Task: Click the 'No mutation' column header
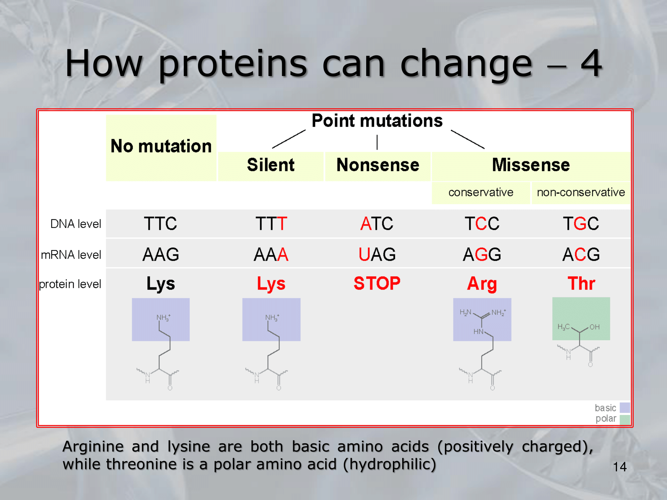161,146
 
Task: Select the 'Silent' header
271,165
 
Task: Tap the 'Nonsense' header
378,165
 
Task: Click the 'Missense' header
531,165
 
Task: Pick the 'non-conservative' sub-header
581,192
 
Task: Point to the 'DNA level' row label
76,224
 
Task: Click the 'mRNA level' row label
71,255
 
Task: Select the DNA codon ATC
377,223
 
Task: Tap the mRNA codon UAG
377,254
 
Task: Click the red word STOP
377,283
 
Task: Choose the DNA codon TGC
581,223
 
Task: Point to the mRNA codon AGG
482,254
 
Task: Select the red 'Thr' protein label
581,283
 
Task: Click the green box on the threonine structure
581,319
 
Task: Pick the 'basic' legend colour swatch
625,408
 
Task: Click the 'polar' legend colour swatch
625,419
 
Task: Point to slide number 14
620,467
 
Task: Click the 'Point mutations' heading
377,121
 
